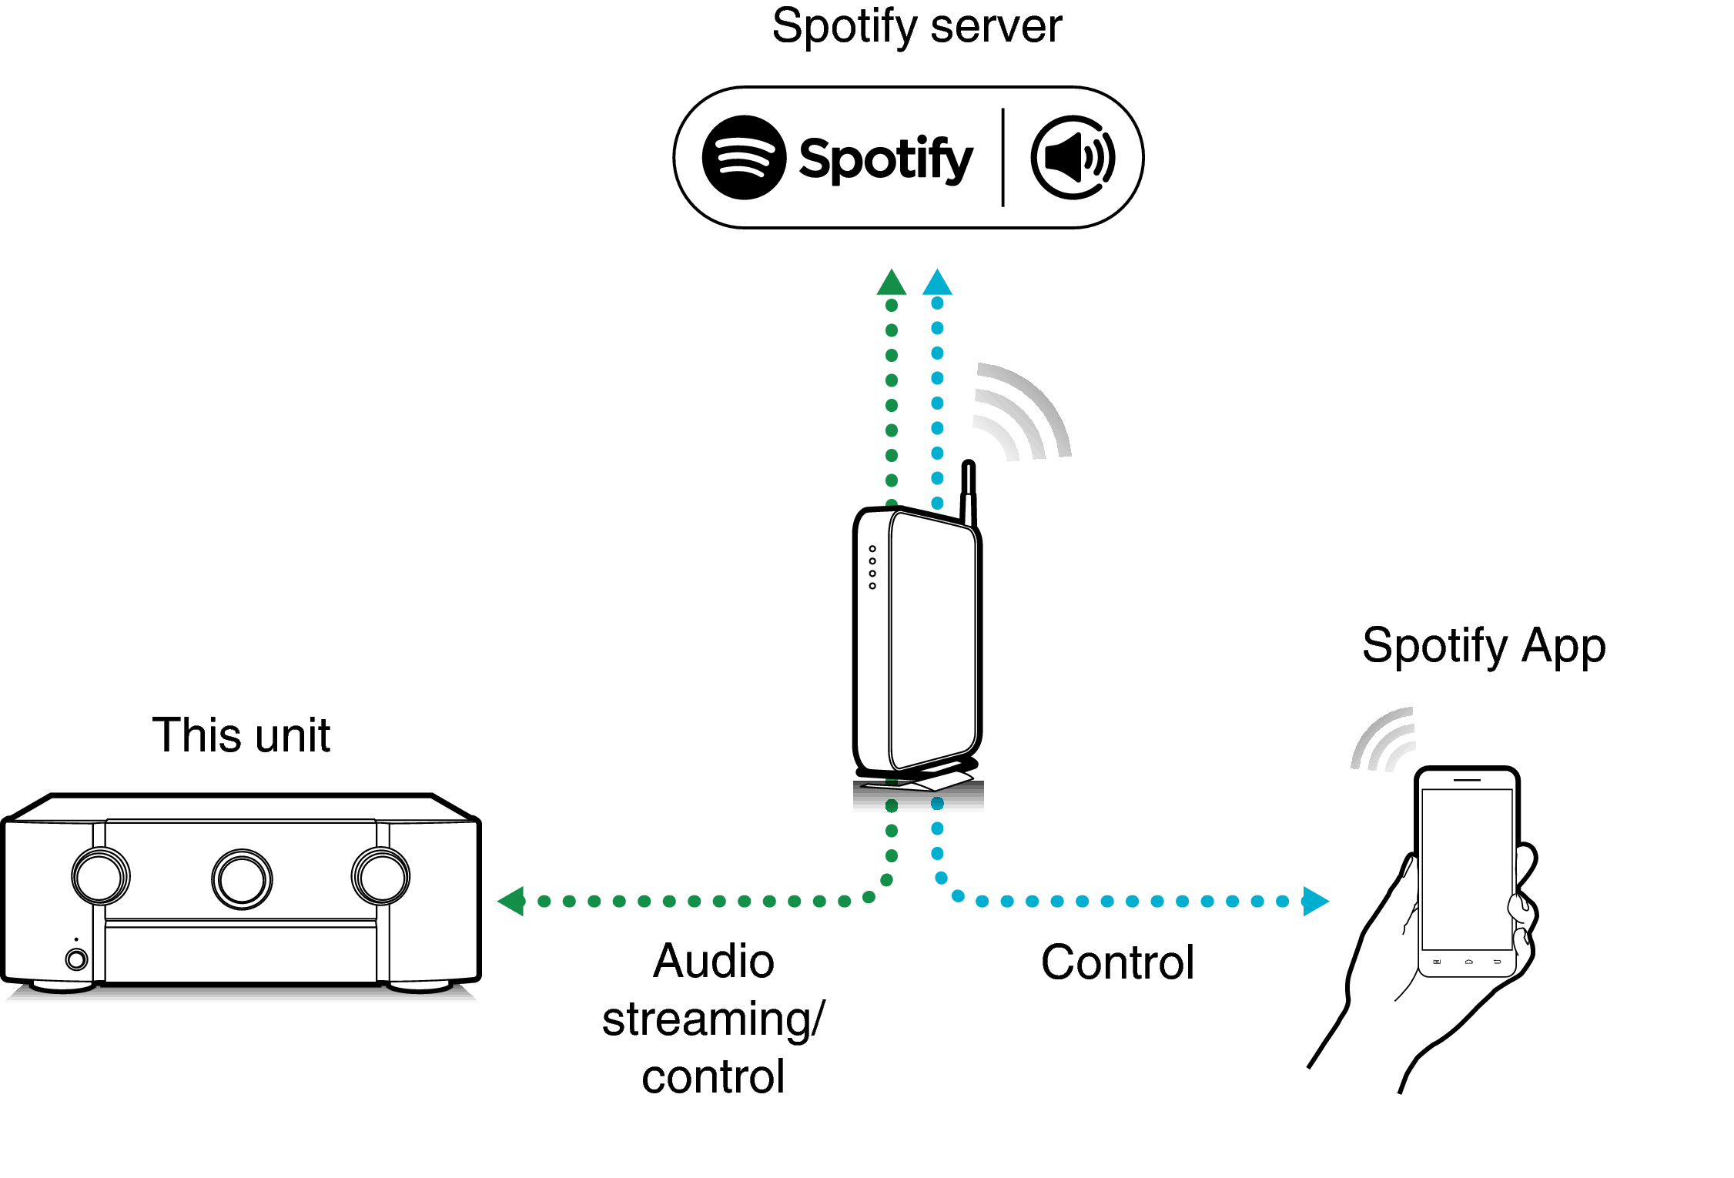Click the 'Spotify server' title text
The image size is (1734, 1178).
click(916, 27)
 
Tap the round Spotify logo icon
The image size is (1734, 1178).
click(744, 158)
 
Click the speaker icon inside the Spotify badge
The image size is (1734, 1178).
click(1073, 158)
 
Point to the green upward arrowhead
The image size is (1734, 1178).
click(891, 284)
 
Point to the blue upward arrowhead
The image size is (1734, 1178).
click(937, 283)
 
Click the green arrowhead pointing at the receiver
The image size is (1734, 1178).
click(513, 901)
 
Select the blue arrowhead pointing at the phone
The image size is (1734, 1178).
click(1314, 901)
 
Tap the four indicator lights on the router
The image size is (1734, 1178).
click(872, 567)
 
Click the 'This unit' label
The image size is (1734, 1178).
click(241, 735)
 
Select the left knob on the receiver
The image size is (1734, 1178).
click(101, 876)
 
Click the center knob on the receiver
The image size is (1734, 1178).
click(242, 879)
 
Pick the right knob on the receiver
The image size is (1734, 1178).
click(380, 876)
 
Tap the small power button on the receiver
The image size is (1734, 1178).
click(76, 959)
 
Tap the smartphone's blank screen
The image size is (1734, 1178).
click(1467, 868)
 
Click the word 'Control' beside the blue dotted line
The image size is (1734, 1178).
click(1117, 962)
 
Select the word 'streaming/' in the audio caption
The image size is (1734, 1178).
click(713, 1019)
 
